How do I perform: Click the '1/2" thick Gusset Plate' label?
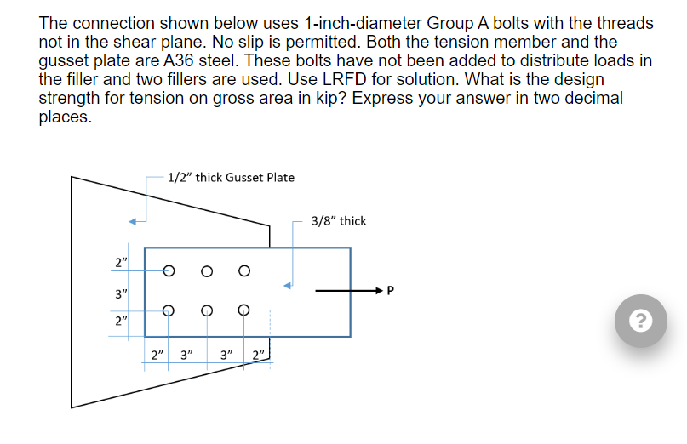tap(231, 177)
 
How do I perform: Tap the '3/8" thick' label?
tap(339, 220)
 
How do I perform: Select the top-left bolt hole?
tap(169, 271)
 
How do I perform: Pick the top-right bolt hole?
tap(244, 271)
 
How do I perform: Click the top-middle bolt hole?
tap(206, 271)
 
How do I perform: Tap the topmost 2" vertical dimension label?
tap(121, 260)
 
